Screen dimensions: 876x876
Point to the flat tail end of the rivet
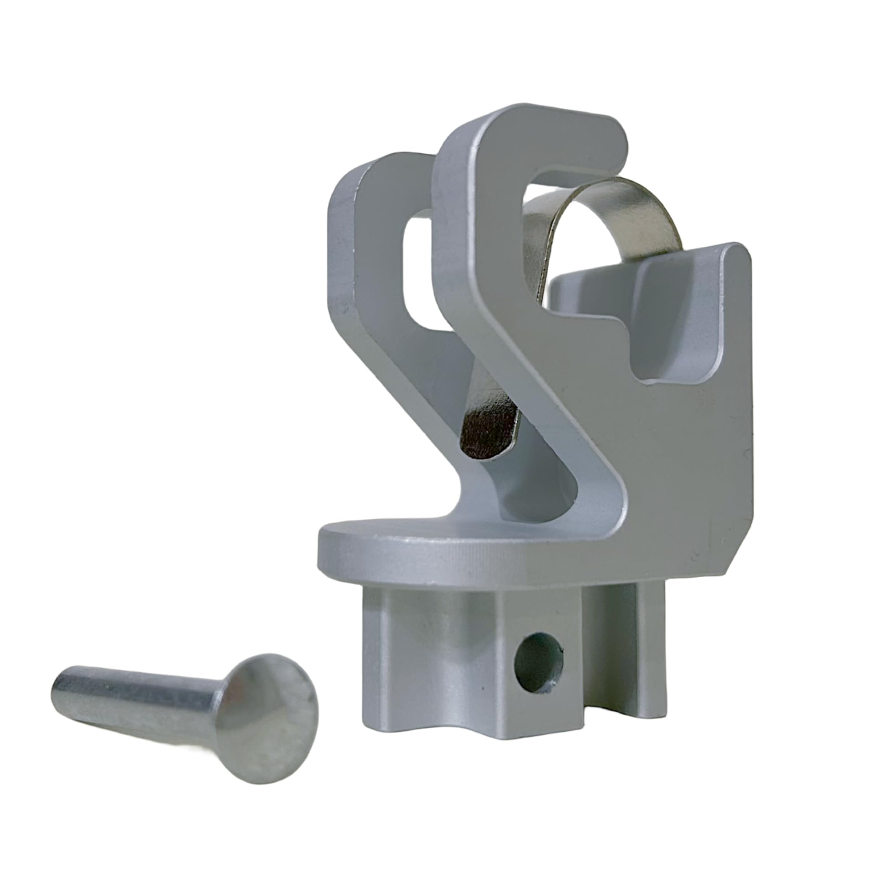click(x=59, y=684)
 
